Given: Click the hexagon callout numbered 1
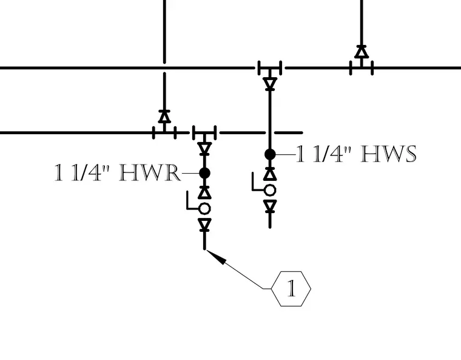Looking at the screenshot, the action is coord(291,289).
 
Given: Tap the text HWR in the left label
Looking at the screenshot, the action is coord(150,173).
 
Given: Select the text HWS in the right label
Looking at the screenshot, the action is coord(388,154).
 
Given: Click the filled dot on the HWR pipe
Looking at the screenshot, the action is coord(204,173).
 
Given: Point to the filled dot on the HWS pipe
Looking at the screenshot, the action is coord(270,154).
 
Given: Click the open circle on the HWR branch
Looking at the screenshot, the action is coord(204,208).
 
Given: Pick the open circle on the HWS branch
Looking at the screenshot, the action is coord(270,190).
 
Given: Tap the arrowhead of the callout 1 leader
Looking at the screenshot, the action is coord(217,256).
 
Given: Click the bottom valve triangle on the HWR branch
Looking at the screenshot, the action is coord(204,224).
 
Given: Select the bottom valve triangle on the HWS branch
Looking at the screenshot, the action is coord(270,206).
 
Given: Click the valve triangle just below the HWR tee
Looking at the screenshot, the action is coord(204,148).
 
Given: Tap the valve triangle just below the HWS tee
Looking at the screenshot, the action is coord(270,83).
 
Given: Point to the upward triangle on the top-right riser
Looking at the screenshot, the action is coord(362,52).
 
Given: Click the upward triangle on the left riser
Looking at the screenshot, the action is coord(164,117).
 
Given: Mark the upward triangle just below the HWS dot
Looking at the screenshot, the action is coord(270,174).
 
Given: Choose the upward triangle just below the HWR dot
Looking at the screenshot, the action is coord(204,192).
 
